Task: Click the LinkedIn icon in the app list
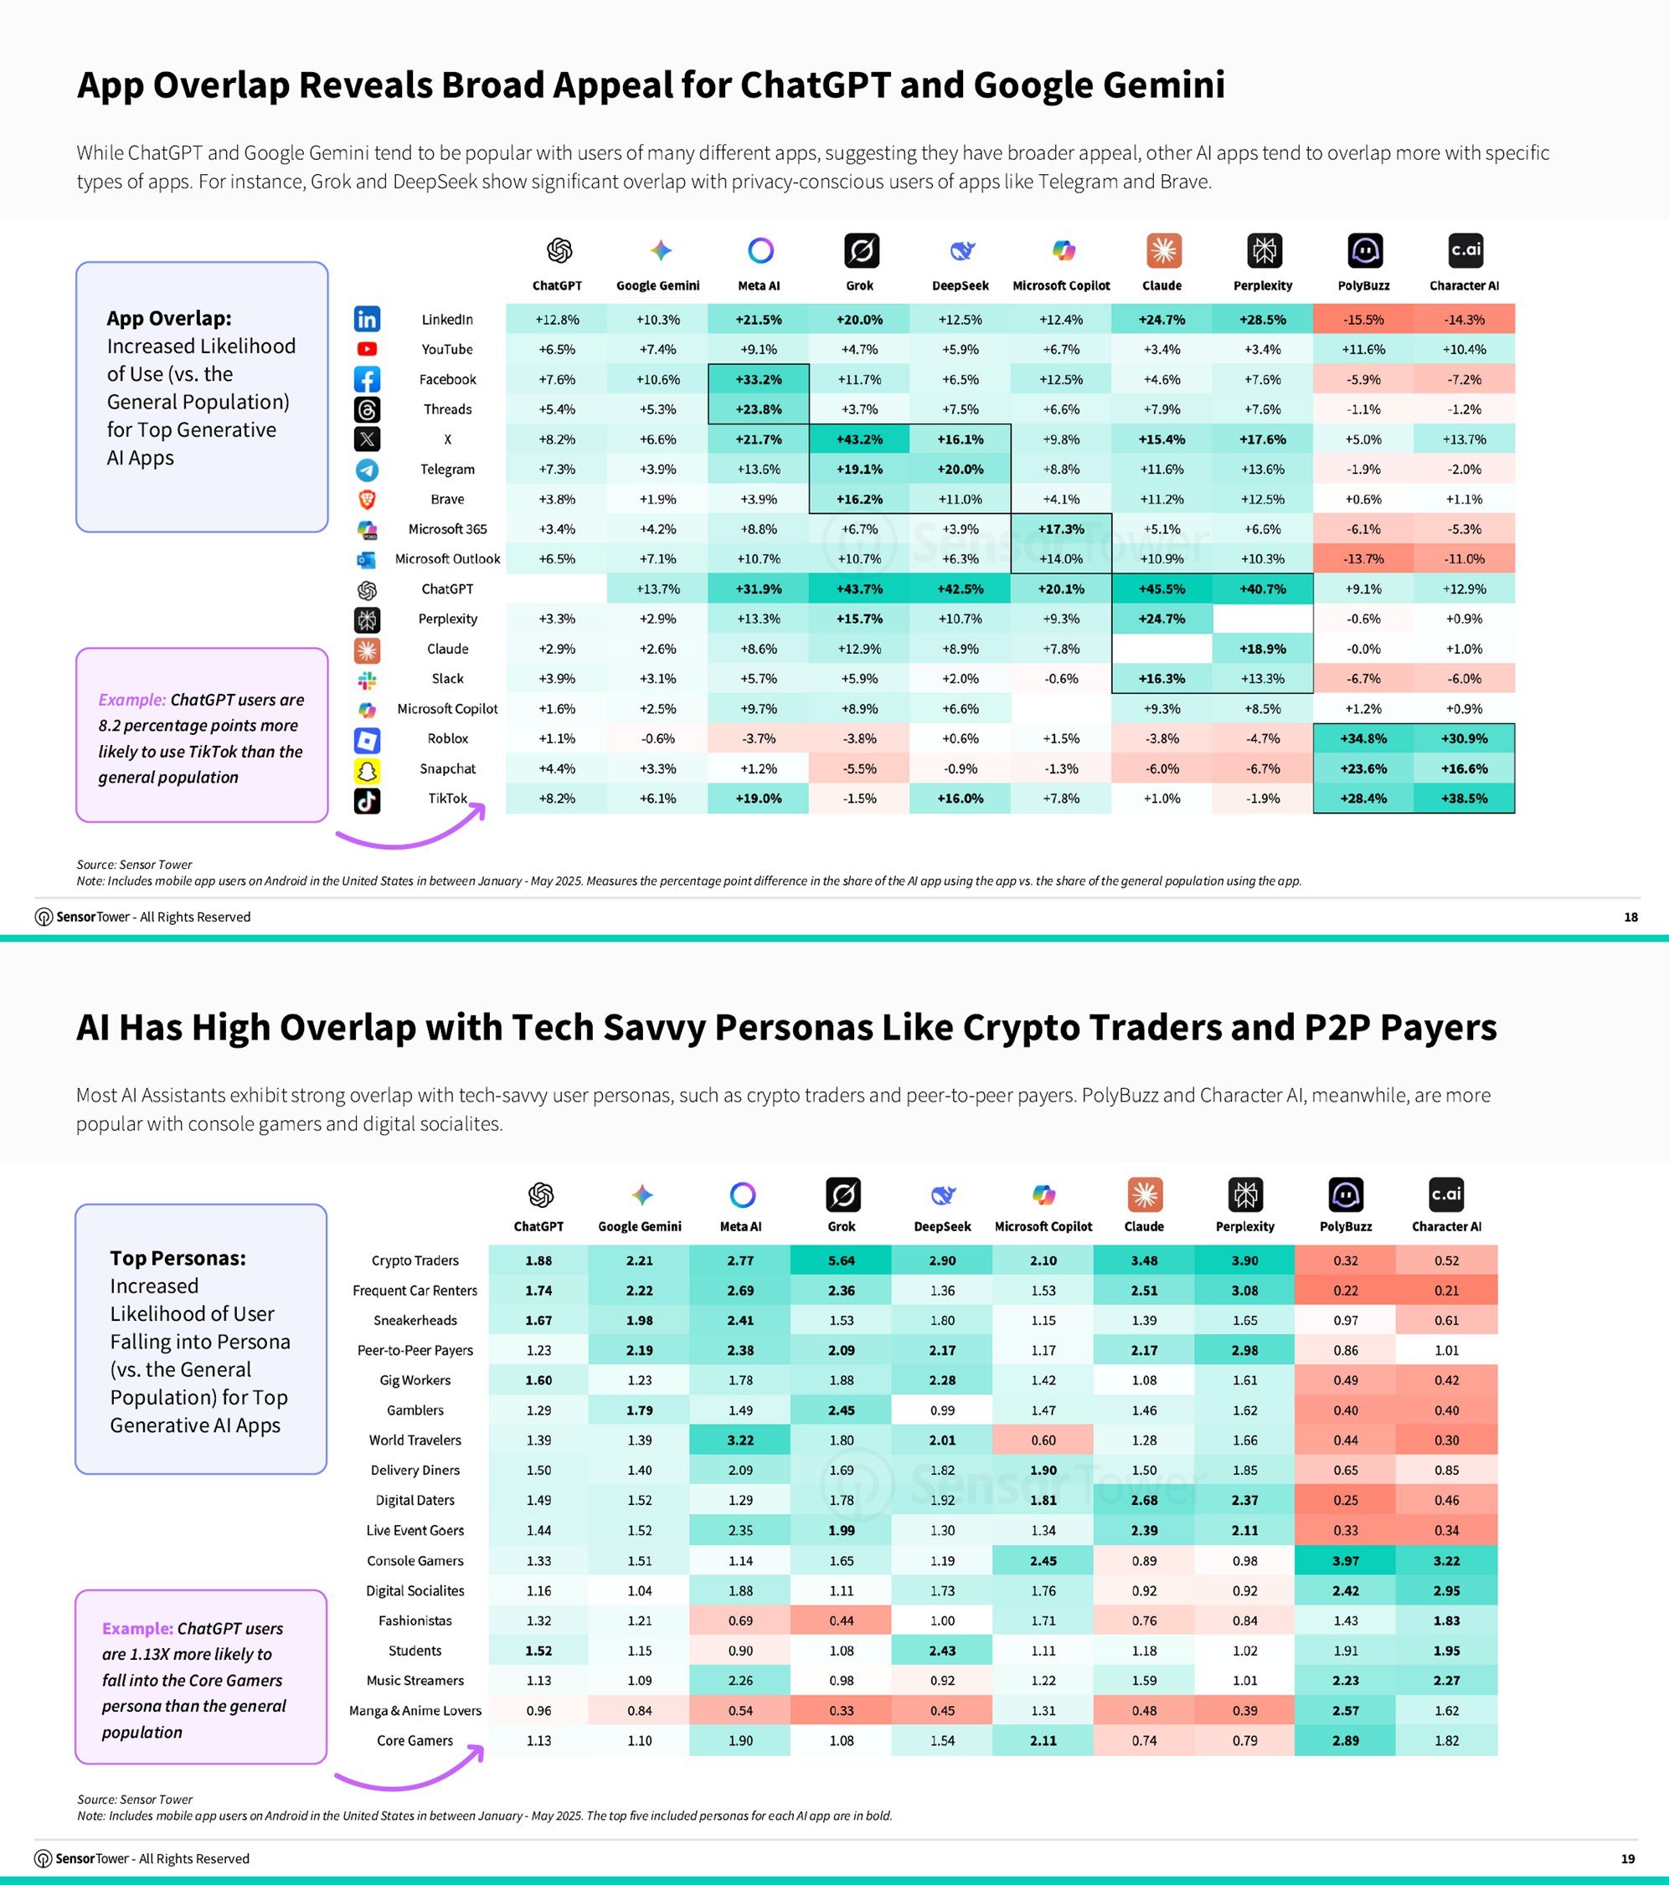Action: click(x=366, y=319)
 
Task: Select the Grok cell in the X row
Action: click(x=859, y=439)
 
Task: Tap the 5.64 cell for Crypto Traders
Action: click(x=841, y=1260)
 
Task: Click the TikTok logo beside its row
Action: click(x=366, y=799)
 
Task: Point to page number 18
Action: click(x=1630, y=917)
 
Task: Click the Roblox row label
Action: click(x=447, y=739)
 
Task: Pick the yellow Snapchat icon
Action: click(x=366, y=769)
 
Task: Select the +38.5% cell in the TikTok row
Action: click(x=1463, y=799)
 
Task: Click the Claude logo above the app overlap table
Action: click(x=1162, y=251)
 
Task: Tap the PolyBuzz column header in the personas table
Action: click(x=1345, y=1226)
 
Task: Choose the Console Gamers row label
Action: click(x=415, y=1560)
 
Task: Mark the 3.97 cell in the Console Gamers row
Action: click(x=1345, y=1560)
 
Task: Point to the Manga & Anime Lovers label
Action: click(x=415, y=1711)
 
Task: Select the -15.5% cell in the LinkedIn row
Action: click(x=1363, y=319)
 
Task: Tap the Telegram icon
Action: click(x=366, y=470)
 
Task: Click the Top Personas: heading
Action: click(x=178, y=1258)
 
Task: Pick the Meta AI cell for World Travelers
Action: click(x=740, y=1440)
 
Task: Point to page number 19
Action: click(x=1627, y=1858)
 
